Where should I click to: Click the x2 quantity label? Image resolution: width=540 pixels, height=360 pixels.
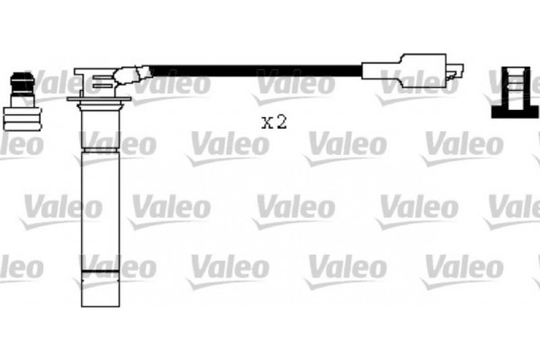[274, 122]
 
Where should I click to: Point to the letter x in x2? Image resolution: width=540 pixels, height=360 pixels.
[266, 123]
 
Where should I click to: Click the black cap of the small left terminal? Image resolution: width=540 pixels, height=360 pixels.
[20, 81]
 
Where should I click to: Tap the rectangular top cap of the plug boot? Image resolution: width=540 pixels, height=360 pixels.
[94, 72]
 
